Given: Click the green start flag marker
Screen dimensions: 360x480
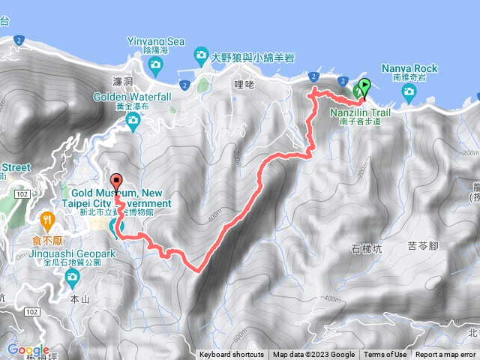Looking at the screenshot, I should pos(365,87).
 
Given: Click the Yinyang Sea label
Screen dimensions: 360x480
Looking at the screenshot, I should pos(155,41).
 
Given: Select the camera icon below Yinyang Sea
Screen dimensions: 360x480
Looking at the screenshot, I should pos(155,64).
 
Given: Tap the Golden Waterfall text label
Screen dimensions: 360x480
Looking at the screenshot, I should pos(133,97).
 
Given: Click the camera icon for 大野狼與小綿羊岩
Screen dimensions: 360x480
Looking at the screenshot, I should pos(200,55).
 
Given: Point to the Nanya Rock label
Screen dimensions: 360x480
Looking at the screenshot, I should pos(408,67).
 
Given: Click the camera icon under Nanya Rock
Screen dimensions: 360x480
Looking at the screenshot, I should pos(409,93).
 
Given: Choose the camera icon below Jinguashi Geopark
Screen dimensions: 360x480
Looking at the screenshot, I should pos(73,279).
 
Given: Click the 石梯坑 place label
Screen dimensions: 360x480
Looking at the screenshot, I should pos(366,249).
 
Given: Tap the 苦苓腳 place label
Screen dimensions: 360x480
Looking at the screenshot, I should pos(423,245).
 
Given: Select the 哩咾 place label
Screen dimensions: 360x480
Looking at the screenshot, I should pos(241,85).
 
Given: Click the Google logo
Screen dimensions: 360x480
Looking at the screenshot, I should pos(28,350).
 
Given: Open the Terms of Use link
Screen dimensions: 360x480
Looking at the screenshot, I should pos(385,355).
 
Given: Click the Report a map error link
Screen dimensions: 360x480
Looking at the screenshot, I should pos(445,355).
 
